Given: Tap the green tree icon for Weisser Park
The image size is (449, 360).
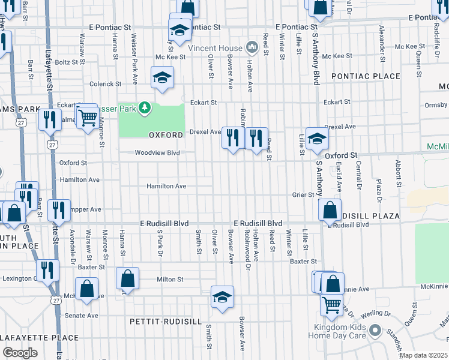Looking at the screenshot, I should click(x=144, y=108).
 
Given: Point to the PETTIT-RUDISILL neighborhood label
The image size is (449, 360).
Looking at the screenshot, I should click(x=165, y=322).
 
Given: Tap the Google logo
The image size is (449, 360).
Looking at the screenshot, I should click(x=20, y=353).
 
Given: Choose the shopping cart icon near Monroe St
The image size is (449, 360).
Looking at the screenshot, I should click(x=88, y=117).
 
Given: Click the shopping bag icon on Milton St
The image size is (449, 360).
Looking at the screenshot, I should click(x=127, y=278).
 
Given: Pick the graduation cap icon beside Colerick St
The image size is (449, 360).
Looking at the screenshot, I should click(x=162, y=77).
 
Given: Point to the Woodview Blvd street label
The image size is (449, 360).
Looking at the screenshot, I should click(x=157, y=153).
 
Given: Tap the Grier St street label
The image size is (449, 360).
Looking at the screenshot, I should click(x=303, y=194).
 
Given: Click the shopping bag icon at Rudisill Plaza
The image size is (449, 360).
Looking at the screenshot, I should click(x=330, y=211).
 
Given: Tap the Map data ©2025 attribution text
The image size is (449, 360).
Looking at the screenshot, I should click(x=424, y=356).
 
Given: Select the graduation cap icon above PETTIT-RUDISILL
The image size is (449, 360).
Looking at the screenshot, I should click(x=222, y=297).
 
